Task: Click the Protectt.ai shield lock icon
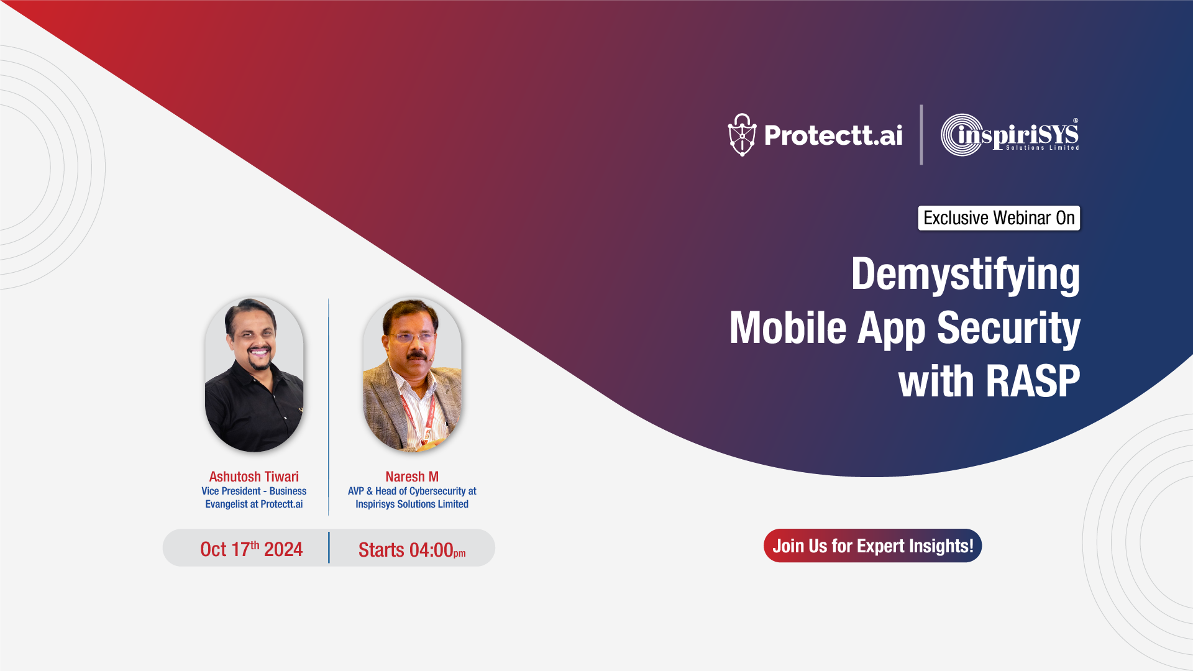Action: [742, 135]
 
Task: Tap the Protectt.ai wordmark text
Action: [833, 135]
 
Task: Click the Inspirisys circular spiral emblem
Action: [961, 135]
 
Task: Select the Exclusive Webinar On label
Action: [999, 218]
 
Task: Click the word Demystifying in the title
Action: [965, 274]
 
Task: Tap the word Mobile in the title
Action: [788, 327]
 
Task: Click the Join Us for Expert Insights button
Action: [872, 545]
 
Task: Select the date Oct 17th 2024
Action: [251, 549]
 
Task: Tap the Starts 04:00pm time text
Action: [411, 550]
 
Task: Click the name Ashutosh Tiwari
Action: [254, 477]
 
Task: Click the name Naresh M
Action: [411, 477]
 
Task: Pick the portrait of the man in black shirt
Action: [254, 374]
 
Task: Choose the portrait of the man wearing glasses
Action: [412, 374]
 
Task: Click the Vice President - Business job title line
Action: [254, 491]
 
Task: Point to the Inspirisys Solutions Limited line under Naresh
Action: [411, 504]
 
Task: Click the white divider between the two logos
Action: [921, 135]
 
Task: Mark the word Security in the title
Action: [1008, 327]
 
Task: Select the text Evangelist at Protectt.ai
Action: [254, 504]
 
